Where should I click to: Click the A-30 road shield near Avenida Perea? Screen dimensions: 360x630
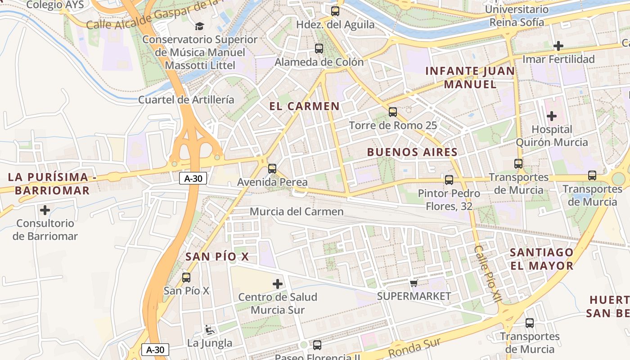tap(193, 178)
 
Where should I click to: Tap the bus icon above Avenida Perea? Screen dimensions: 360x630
tap(272, 169)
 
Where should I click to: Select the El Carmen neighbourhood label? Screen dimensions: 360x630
tap(304, 106)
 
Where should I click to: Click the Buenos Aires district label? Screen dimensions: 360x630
tap(412, 152)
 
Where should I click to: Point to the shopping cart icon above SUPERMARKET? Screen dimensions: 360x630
tap(414, 283)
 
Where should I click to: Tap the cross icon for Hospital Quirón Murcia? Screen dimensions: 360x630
tap(551, 116)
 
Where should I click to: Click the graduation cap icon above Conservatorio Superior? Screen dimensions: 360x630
tap(199, 26)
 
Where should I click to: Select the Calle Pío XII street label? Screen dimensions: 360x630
tap(487, 279)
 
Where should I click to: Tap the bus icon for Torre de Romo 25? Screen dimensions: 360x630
tap(393, 112)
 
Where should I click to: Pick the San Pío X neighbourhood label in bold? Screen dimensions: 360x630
tap(217, 256)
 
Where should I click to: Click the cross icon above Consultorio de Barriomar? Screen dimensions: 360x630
tap(45, 210)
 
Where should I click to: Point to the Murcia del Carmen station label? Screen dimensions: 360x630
tap(297, 211)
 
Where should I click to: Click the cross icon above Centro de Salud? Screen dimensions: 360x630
tap(278, 284)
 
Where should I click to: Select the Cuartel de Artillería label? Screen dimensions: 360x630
tap(186, 100)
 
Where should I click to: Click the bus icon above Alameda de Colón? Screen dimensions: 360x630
tap(319, 49)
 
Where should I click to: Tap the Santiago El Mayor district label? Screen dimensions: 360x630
tap(542, 259)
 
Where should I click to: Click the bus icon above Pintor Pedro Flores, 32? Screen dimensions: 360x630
tap(449, 180)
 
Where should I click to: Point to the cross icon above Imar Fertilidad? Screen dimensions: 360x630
tap(558, 46)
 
